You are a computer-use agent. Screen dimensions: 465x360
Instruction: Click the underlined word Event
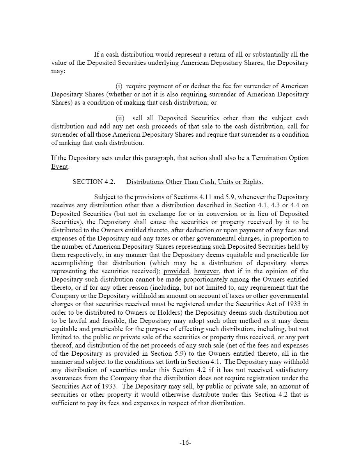click(60, 166)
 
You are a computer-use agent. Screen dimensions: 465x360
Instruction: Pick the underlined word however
click(207, 271)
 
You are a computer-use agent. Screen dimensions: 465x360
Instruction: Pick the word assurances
click(67, 378)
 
